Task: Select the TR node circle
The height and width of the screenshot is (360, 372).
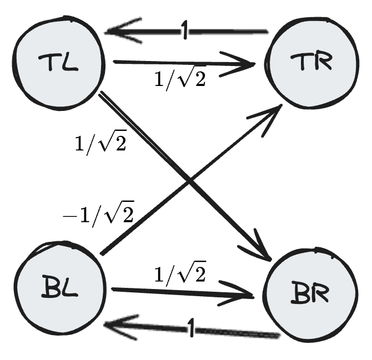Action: pyautogui.click(x=309, y=64)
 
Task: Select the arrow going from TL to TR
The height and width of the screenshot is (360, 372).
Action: pyautogui.click(x=167, y=63)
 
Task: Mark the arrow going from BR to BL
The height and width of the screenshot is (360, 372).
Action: pyautogui.click(x=233, y=331)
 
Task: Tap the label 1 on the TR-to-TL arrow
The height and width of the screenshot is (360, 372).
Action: pyautogui.click(x=184, y=32)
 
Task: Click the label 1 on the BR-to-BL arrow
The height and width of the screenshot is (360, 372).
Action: pyautogui.click(x=192, y=330)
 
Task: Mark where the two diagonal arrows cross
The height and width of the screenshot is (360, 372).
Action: pyautogui.click(x=190, y=181)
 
